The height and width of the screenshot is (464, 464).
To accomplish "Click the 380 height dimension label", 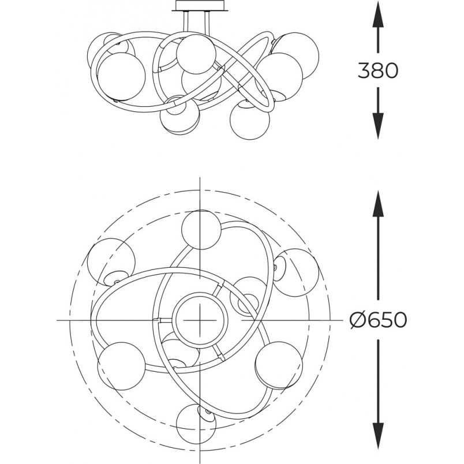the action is tap(378, 70).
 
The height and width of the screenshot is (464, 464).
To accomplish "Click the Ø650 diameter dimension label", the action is tap(378, 320).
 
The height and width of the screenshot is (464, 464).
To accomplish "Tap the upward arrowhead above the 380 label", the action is tap(378, 14).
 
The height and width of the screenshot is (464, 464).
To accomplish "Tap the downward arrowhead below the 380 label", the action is tap(378, 126).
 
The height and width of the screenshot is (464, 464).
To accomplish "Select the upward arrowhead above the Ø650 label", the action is tap(378, 204).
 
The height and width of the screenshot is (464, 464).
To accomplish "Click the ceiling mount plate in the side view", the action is tap(200, 6).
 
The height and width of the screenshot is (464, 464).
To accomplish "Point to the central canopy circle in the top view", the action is tap(200, 320).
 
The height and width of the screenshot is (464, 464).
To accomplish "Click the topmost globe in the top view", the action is tap(201, 230).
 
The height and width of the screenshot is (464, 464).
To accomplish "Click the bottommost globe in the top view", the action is tap(196, 424).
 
